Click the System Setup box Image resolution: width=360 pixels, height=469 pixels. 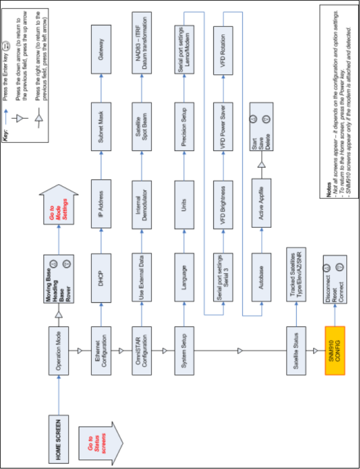click(x=183, y=349)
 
